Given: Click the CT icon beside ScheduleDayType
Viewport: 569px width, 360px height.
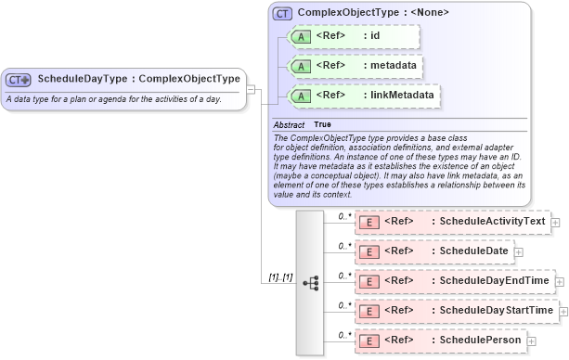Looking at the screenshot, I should coord(19,80).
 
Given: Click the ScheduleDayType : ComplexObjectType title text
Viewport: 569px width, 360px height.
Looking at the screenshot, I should coord(138,79).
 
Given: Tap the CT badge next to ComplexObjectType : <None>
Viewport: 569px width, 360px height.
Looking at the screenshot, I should coord(282,14).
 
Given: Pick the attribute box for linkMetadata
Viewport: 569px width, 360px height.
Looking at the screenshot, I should coord(363,96).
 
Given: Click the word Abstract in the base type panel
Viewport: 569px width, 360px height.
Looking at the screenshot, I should coord(289,124).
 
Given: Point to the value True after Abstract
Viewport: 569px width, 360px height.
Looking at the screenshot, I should coord(322,124).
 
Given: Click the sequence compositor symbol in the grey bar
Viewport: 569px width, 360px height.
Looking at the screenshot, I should coord(310,282).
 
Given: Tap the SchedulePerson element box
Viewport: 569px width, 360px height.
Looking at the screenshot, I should coord(440,340).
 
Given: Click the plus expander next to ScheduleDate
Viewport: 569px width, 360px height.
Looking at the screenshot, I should coord(518,251).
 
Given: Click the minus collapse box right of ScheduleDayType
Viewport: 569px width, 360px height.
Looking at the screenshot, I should coord(252,89).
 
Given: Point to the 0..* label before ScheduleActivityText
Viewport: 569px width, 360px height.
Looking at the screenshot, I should coord(343,216).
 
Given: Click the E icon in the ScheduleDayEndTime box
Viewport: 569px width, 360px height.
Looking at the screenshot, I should coord(369,281).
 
